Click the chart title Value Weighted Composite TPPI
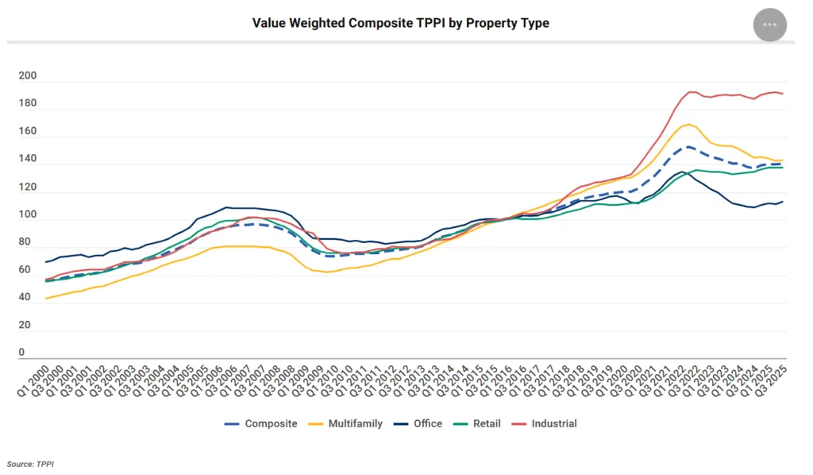click(400, 23)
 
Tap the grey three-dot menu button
click(769, 25)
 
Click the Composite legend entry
click(261, 423)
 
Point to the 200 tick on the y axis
click(27, 76)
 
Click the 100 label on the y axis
click(27, 214)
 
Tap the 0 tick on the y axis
click(21, 353)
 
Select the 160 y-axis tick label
click(27, 131)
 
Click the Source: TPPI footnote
click(30, 463)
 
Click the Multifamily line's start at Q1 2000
click(46, 299)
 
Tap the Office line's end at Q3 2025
click(783, 202)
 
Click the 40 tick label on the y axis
click(25, 297)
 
